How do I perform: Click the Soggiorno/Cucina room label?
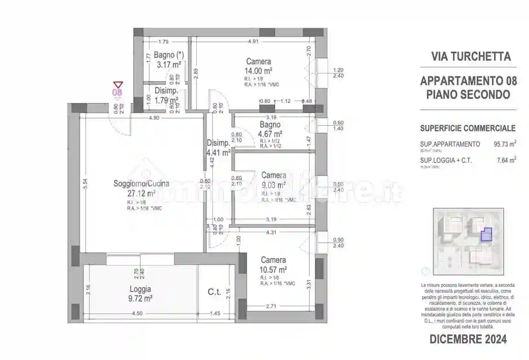141,183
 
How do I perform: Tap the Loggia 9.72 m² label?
141,294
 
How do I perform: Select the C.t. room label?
214,291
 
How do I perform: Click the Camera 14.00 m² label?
258,66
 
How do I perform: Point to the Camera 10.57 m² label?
273,264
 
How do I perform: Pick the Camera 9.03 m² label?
274,180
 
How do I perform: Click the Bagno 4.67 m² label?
270,129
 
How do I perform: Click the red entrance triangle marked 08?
118,85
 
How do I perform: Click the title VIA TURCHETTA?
471,57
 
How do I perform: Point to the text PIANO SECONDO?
468,95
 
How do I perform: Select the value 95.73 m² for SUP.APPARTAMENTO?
505,144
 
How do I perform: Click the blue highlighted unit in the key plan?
486,235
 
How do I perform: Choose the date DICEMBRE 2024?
468,339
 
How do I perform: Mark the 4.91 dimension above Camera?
254,41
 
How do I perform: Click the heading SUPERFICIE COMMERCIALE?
468,128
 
